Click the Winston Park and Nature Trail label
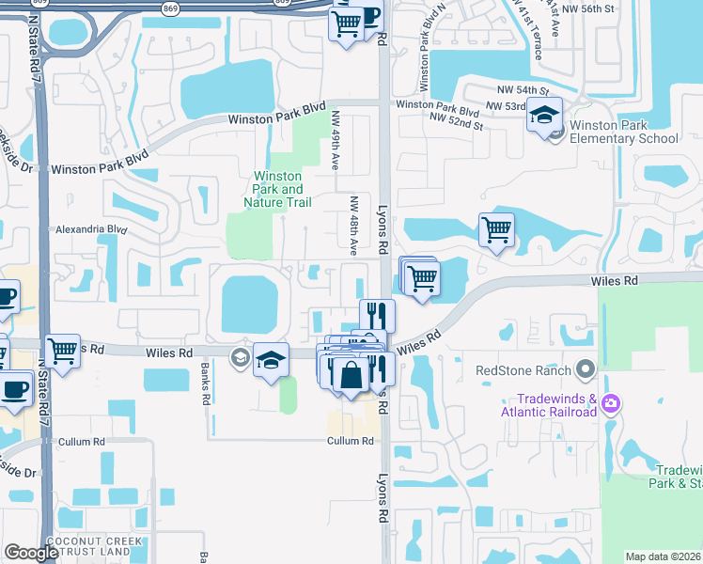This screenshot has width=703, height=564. (277, 189)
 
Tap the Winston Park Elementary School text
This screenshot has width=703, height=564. (623, 132)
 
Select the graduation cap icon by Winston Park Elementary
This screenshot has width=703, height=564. (543, 116)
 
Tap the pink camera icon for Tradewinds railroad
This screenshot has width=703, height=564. (611, 404)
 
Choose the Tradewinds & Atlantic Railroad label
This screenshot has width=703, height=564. (545, 404)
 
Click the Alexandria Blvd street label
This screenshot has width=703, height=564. (90, 228)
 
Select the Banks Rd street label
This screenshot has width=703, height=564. (205, 385)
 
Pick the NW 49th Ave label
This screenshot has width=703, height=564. (335, 140)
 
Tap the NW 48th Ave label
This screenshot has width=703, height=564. (354, 226)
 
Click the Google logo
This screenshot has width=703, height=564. (31, 553)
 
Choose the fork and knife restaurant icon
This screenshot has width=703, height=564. (377, 314)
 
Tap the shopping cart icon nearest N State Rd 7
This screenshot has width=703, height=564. (63, 351)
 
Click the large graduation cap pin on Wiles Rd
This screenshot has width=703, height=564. (271, 360)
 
